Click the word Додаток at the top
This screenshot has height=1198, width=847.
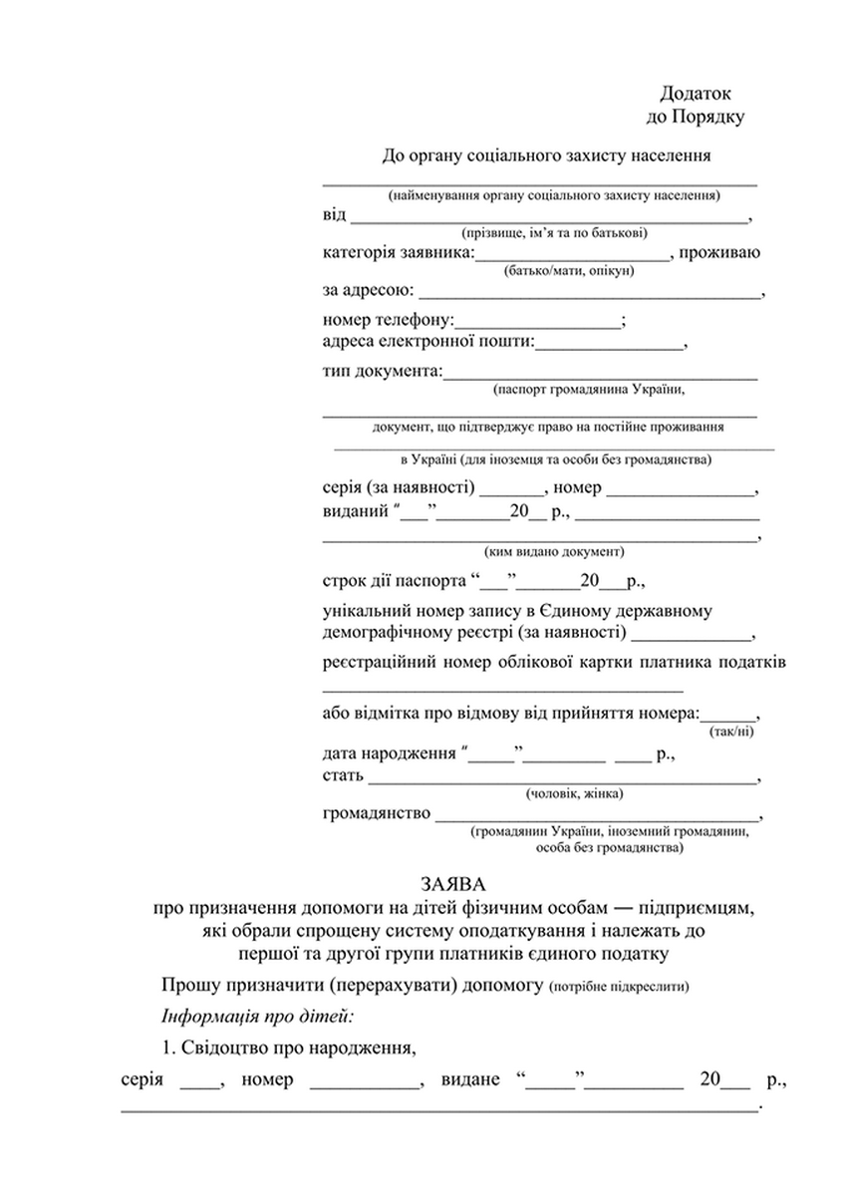pos(696,93)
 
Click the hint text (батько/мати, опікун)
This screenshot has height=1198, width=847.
pos(569,271)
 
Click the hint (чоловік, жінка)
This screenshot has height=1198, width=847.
pos(573,793)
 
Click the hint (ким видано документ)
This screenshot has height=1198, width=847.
pos(554,550)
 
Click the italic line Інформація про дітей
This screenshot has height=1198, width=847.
pos(258,1017)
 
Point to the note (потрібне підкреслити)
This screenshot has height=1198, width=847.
pos(618,988)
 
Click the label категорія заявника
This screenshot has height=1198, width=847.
pos(398,252)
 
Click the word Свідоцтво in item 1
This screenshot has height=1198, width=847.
pos(234,1048)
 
